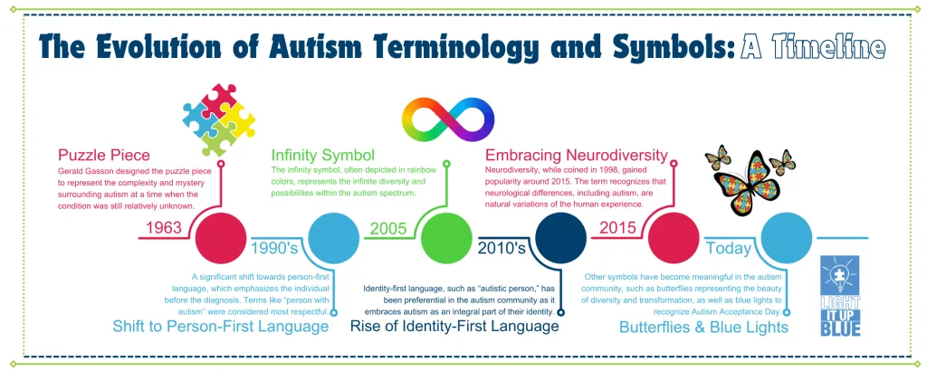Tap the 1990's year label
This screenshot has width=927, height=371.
tap(275, 246)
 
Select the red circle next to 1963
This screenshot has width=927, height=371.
tap(222, 237)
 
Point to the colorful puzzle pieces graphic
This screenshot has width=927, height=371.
tap(216, 119)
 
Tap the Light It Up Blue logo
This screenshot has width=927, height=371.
tap(841, 295)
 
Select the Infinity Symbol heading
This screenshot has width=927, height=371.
tap(323, 155)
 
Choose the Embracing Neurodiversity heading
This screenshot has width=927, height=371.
tap(577, 155)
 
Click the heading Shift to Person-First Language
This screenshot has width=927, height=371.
tap(221, 326)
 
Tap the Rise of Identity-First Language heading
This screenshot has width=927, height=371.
tap(454, 326)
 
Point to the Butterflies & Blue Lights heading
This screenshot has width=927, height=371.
tap(703, 326)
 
